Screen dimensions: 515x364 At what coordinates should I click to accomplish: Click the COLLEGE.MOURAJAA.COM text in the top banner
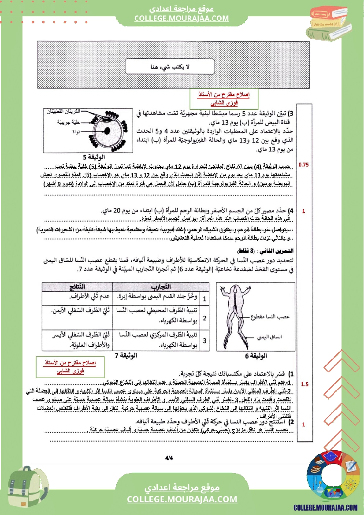[x=182, y=18]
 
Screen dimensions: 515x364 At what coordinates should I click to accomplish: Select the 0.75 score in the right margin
[x=304, y=165]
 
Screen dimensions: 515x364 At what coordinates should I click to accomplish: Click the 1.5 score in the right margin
[x=305, y=384]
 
